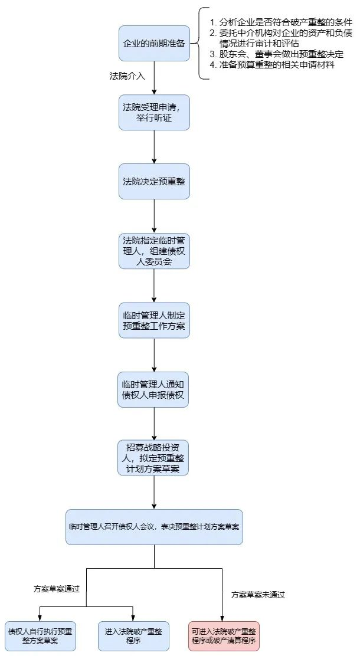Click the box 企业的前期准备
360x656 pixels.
(154, 43)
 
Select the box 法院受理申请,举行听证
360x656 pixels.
(154, 112)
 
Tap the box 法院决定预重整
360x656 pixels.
(154, 181)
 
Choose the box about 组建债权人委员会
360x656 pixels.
(154, 251)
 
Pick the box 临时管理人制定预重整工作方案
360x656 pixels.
(154, 320)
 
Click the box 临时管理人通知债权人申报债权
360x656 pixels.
(154, 389)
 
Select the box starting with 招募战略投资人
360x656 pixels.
(154, 458)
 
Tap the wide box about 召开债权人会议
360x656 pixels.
(154, 527)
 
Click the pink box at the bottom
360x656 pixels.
(225, 635)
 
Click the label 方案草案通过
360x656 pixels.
(56, 589)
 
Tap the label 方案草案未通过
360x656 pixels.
(258, 595)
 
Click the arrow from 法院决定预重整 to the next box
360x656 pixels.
(154, 216)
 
